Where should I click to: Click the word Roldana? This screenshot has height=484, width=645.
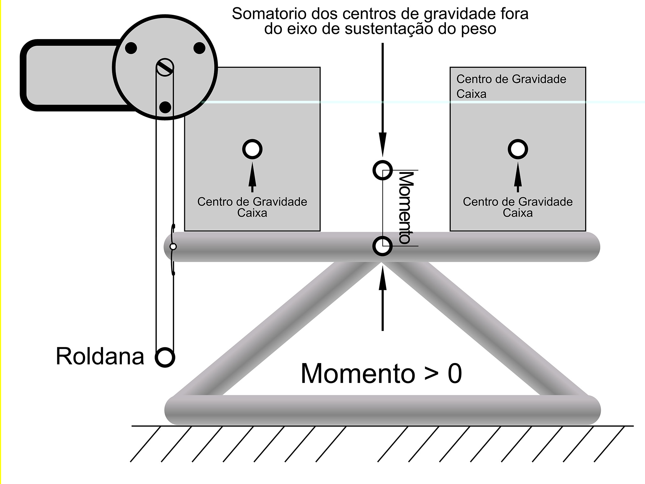pos(100,356)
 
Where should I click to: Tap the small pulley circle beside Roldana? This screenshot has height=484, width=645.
pos(165,357)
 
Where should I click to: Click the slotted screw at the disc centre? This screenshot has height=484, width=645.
pos(165,67)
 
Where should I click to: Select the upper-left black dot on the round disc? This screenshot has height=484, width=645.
pos(131,48)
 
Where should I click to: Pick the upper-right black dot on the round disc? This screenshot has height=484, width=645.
pos(199,48)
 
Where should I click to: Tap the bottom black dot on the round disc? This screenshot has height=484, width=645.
pos(165,107)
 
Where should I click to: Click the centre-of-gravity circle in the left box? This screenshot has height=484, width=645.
pos(252,149)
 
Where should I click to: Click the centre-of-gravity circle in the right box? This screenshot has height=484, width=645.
pos(518,149)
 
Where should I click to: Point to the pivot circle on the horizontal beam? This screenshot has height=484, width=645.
pos(382,246)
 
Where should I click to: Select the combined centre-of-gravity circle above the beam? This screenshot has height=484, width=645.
pos(382,170)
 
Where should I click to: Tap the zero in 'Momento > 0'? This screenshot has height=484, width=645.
pos(454,374)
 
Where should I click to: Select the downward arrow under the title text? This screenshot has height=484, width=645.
pos(382,101)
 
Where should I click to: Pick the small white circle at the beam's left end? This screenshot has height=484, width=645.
pos(173,246)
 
